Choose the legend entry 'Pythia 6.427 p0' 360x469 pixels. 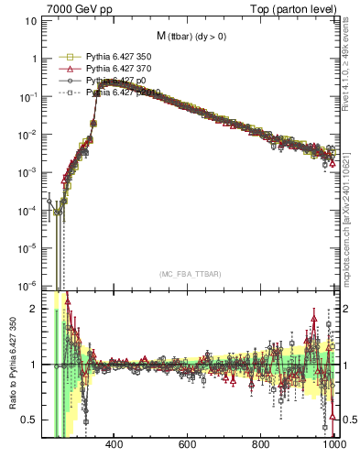click(117, 81)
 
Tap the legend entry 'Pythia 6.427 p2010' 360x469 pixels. click(123, 93)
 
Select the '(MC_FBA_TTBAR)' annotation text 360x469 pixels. click(190, 274)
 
